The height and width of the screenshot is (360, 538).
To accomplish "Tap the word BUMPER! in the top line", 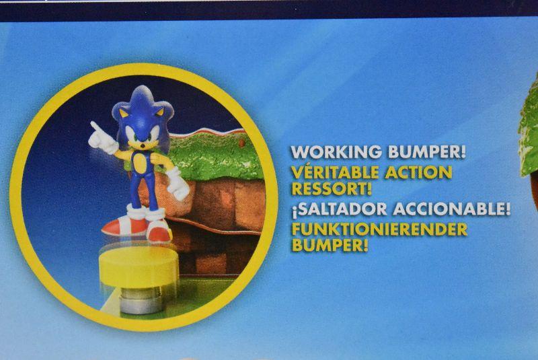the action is pyautogui.click(x=426, y=152).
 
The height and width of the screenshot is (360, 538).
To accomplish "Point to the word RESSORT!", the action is pyautogui.click(x=332, y=188).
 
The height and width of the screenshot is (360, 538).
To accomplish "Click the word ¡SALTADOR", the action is pyautogui.click(x=339, y=209).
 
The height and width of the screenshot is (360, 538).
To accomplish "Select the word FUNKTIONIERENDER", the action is pyautogui.click(x=379, y=229).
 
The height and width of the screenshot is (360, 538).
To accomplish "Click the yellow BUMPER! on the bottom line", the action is pyautogui.click(x=330, y=245).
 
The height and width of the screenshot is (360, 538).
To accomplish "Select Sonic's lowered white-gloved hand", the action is pyautogui.click(x=178, y=185).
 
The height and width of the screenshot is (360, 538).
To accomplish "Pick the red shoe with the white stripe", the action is pyautogui.click(x=124, y=226).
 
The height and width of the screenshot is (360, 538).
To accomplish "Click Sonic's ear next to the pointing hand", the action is pyautogui.click(x=124, y=113).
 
